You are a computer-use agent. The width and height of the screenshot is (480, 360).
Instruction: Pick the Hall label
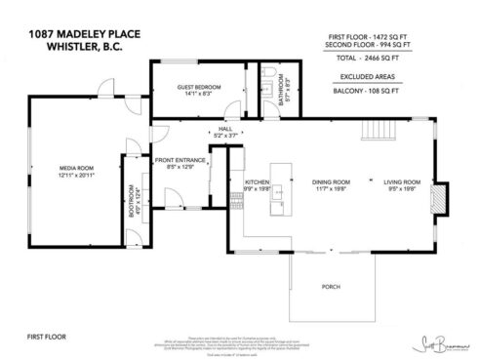click(x=224, y=130)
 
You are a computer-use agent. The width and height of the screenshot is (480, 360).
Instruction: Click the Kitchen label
click(x=256, y=182)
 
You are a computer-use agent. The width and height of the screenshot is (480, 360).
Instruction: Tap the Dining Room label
click(x=331, y=182)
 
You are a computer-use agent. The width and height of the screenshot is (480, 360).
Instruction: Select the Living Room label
click(x=401, y=182)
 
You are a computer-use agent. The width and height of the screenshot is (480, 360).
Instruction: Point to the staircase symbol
click(x=377, y=130)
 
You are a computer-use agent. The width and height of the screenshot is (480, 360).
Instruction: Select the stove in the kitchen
click(x=235, y=202)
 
